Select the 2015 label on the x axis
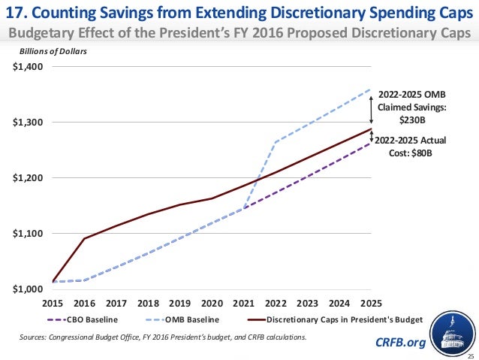(53, 304)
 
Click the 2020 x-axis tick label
(212, 304)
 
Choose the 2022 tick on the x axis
(276, 304)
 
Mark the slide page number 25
(470, 355)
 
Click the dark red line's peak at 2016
(84, 239)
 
